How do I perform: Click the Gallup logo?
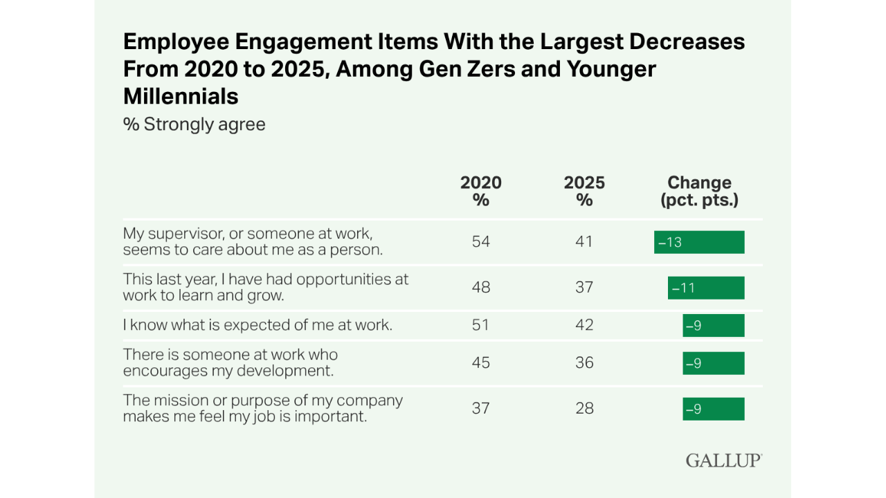[x=724, y=460]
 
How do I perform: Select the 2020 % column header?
[x=481, y=191]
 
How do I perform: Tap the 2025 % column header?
[x=584, y=191]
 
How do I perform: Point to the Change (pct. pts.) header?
[x=699, y=191]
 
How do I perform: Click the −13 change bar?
[x=699, y=242]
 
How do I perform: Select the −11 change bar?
[x=706, y=288]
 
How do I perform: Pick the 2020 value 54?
[x=481, y=242]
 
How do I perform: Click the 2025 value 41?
[x=584, y=242]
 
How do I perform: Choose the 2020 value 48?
[x=481, y=288]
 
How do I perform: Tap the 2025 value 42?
[x=584, y=325]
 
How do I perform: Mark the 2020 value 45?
[x=481, y=363]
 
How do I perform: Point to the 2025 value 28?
[x=584, y=409]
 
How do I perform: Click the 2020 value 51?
[x=481, y=325]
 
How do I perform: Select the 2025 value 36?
[x=584, y=363]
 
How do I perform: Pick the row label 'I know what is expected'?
[x=257, y=325]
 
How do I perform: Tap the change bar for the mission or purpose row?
[x=714, y=409]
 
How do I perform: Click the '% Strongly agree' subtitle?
[x=195, y=124]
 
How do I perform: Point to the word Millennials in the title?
[x=181, y=97]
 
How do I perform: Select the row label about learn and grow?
[x=266, y=287]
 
